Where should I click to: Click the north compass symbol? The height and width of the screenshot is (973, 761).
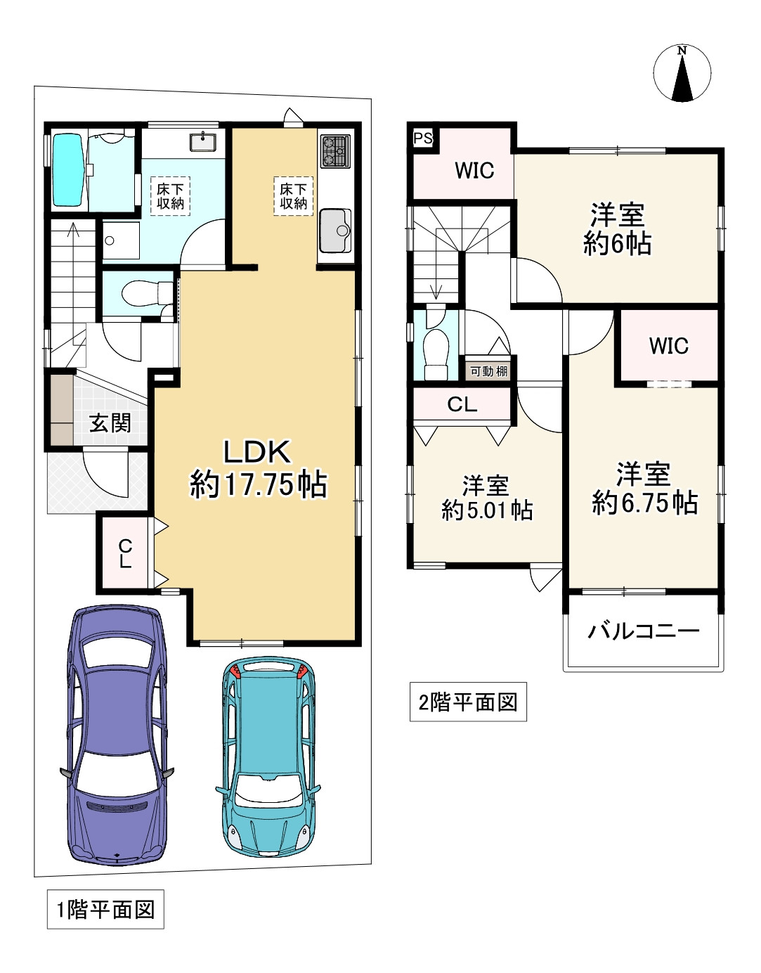(x=682, y=73)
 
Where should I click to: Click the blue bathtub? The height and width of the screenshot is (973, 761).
(x=68, y=170)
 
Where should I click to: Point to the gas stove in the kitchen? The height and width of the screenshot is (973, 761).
(x=334, y=151)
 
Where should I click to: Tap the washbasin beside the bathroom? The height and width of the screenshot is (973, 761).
(x=203, y=142)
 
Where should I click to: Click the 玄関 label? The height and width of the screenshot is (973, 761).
(x=110, y=423)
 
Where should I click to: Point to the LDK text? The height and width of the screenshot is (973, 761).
(x=257, y=452)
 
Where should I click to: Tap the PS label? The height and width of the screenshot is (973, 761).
(x=423, y=138)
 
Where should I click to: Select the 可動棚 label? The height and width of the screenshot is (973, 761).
(x=488, y=371)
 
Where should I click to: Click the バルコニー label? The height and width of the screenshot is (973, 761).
(x=644, y=631)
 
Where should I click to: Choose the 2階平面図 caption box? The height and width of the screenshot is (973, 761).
(x=468, y=702)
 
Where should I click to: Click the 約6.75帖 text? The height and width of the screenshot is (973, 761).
(x=644, y=503)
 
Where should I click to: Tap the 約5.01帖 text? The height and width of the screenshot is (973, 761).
(x=487, y=510)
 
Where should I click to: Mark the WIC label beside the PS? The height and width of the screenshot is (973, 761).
(x=474, y=171)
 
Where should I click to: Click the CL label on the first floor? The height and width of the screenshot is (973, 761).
(x=125, y=554)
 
